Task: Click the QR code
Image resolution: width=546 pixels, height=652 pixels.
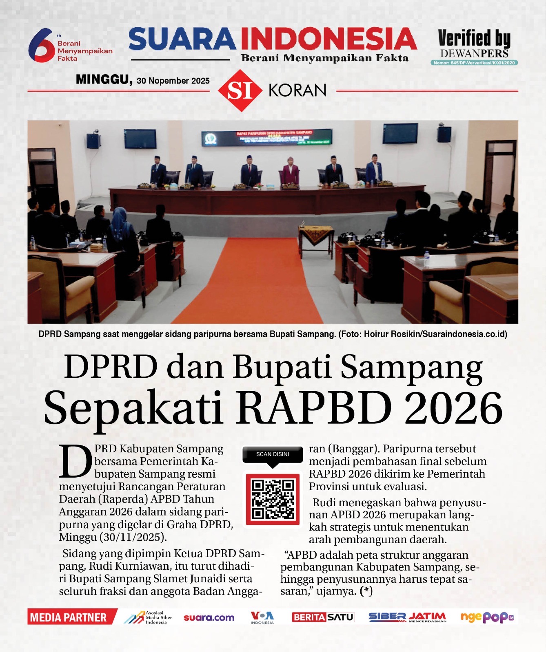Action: [x=273, y=499]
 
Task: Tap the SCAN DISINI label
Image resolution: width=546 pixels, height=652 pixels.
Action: [x=273, y=454]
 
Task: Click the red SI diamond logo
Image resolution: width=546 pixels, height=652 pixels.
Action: [x=240, y=90]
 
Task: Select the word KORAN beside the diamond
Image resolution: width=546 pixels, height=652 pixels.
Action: [x=297, y=90]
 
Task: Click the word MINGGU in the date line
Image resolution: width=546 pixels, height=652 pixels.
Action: [x=104, y=79]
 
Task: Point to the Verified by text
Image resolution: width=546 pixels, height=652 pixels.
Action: [x=474, y=38]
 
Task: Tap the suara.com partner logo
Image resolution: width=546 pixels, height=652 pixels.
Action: [x=209, y=618]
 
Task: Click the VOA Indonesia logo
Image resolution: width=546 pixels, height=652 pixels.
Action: [x=262, y=617]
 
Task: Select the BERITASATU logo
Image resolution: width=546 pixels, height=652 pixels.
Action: [x=323, y=617]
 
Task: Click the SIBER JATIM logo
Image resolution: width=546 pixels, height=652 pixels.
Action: [x=407, y=617]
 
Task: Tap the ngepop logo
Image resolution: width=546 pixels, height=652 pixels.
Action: [x=487, y=617]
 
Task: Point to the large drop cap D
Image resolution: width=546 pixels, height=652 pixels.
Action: [x=75, y=462]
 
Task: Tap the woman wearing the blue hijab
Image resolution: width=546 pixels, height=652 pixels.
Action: [x=121, y=228]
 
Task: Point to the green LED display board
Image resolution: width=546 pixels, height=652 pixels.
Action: [x=267, y=137]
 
